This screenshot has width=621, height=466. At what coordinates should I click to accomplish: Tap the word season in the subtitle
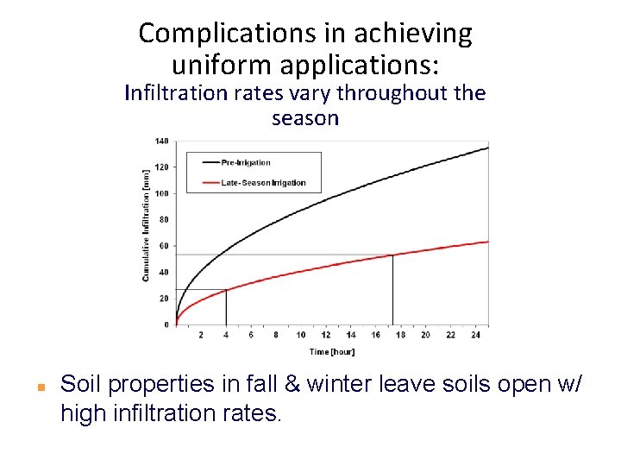pyautogui.click(x=305, y=118)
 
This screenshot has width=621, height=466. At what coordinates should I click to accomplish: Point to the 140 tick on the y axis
pyautogui.click(x=161, y=141)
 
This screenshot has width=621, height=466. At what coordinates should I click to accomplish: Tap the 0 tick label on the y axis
pyautogui.click(x=166, y=324)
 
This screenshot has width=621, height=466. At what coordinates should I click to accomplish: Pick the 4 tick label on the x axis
pyautogui.click(x=226, y=335)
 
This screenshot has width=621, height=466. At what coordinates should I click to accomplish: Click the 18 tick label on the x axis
pyautogui.click(x=400, y=335)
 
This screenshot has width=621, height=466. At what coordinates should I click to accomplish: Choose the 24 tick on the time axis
pyautogui.click(x=475, y=335)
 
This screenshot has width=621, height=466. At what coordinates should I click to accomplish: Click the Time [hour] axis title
pyautogui.click(x=332, y=352)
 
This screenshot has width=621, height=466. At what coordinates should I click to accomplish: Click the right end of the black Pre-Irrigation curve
pyautogui.click(x=487, y=148)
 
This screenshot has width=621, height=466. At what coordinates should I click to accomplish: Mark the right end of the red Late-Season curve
pyautogui.click(x=487, y=242)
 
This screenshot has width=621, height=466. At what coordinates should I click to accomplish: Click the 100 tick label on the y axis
pyautogui.click(x=161, y=193)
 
